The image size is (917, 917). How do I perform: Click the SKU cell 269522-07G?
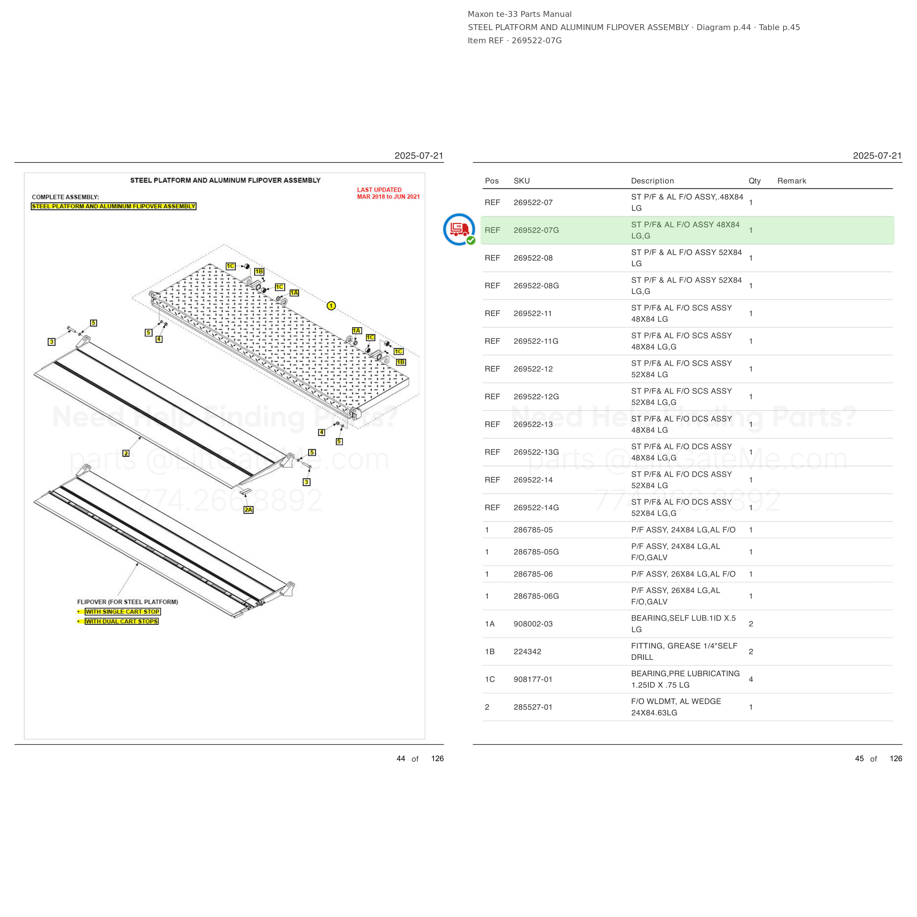[536, 230]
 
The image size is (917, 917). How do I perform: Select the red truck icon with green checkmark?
[459, 230]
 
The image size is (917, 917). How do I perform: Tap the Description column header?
[652, 181]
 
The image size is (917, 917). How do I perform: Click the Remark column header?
[792, 181]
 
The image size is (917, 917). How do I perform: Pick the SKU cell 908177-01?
[533, 679]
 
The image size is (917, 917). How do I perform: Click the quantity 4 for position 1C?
[751, 679]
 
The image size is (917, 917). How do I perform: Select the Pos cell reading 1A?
[490, 624]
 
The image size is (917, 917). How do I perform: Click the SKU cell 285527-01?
[533, 707]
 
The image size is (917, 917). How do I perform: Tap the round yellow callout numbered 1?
[331, 306]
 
